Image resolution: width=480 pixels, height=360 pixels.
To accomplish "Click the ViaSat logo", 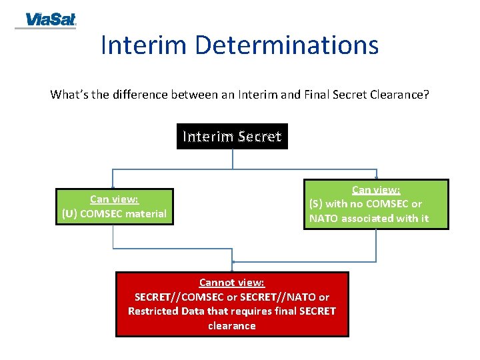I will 46,20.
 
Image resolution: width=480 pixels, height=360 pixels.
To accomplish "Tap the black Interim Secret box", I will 232,137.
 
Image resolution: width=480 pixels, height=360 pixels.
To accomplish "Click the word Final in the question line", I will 325,95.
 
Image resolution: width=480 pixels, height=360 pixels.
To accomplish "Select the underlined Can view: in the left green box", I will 114,199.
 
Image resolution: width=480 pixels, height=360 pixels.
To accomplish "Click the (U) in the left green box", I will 69,214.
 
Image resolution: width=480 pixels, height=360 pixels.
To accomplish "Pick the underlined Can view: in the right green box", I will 376,190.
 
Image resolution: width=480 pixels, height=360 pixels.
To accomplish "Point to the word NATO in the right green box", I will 324,218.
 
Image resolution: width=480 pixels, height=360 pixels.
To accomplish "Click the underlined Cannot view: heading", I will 231,283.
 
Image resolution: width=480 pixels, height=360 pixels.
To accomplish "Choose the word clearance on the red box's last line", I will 231,326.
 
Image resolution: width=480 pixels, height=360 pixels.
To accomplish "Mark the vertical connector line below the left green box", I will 113,237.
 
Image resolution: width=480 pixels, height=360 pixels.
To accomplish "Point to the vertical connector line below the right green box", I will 376,245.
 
